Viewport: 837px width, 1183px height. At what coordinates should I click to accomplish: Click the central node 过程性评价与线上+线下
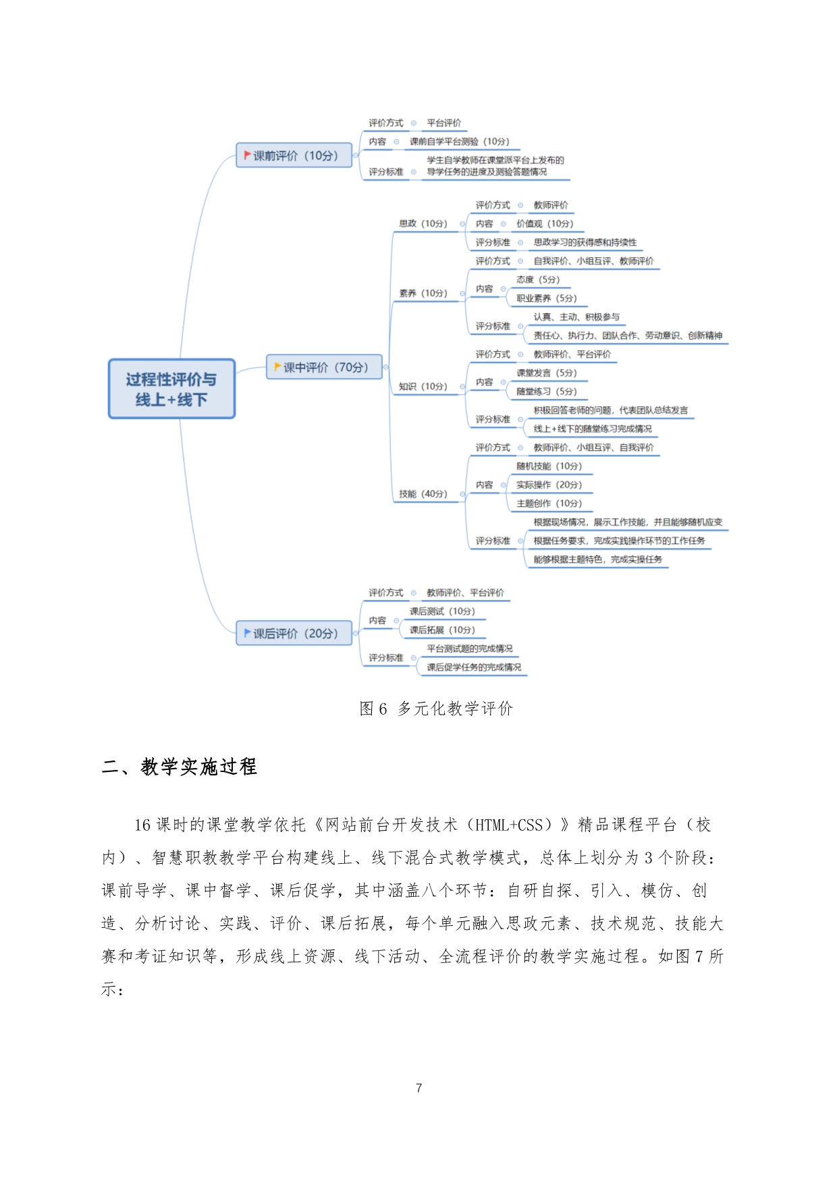171,389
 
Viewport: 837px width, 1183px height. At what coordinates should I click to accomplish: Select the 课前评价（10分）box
294,155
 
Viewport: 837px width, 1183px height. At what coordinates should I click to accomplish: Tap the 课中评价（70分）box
324,367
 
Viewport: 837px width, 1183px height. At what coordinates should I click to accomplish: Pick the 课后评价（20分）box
294,633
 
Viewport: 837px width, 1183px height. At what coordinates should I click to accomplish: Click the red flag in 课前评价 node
247,155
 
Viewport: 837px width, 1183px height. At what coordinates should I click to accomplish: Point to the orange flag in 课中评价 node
277,367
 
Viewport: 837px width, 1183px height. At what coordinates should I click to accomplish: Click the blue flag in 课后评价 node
247,633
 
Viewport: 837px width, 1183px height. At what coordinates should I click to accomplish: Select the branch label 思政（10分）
423,223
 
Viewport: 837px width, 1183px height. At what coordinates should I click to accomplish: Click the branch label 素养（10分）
423,293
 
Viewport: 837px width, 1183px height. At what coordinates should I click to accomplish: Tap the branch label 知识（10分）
423,386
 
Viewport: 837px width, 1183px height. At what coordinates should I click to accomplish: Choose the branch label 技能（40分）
423,493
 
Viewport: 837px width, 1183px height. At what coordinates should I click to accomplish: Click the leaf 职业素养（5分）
546,298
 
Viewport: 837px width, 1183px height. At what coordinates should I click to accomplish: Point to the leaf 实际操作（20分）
549,485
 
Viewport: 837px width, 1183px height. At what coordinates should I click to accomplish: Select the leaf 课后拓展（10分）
442,630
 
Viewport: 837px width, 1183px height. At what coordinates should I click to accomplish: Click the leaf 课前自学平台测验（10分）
460,142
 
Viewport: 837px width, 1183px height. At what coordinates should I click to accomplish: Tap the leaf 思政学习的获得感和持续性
585,242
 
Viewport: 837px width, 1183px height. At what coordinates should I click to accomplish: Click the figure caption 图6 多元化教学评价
436,708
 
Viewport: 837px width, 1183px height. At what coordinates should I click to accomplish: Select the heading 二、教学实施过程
180,767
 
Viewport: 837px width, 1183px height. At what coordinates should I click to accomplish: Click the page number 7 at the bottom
418,1088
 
